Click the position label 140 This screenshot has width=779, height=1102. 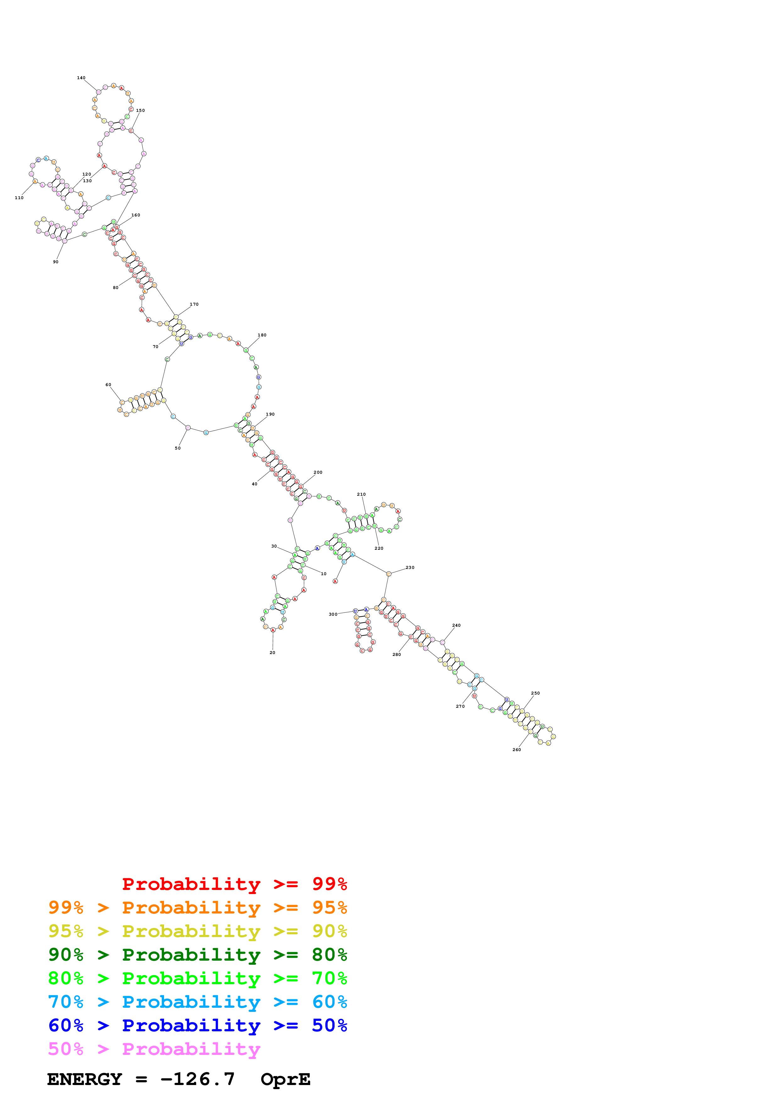(x=81, y=78)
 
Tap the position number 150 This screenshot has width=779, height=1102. (x=140, y=110)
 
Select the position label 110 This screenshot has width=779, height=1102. (x=19, y=198)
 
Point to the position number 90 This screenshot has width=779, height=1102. (x=56, y=262)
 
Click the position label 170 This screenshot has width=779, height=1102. (x=194, y=304)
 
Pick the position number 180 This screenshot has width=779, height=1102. (x=261, y=335)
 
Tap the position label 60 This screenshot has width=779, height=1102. (x=108, y=385)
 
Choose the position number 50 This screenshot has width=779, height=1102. (x=178, y=448)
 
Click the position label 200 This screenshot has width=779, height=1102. (x=318, y=472)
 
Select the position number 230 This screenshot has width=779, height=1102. (x=410, y=567)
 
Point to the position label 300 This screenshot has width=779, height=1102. (x=333, y=614)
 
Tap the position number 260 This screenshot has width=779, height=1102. (x=517, y=750)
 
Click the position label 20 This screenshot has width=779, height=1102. (x=272, y=653)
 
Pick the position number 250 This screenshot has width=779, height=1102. (x=535, y=693)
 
